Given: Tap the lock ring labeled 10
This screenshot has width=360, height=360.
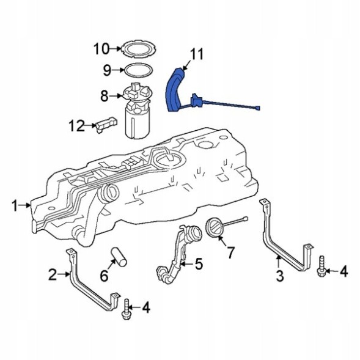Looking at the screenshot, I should pyautogui.click(x=137, y=48).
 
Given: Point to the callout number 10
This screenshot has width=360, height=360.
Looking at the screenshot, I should pyautogui.click(x=101, y=48).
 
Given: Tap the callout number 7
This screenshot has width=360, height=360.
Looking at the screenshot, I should pyautogui.click(x=230, y=251).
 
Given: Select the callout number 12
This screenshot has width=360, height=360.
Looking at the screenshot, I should pyautogui.click(x=76, y=126).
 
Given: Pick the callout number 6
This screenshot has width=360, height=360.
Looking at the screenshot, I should pyautogui.click(x=103, y=276).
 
